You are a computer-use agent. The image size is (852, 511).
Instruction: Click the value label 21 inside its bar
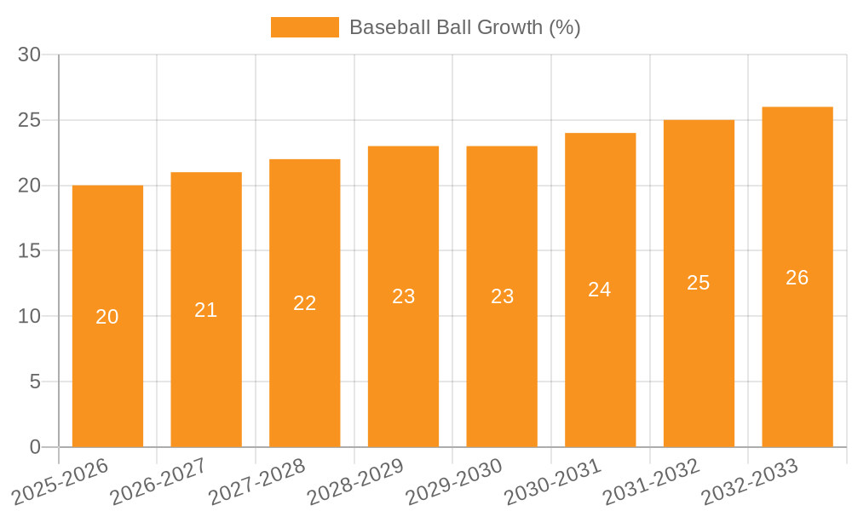[206, 310]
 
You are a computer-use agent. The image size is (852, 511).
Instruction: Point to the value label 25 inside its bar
[699, 283]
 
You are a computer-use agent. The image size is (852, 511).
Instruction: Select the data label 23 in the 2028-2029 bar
[404, 296]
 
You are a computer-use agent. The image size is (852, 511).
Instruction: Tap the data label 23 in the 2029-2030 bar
[503, 296]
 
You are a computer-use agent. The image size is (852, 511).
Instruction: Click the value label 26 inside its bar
[797, 278]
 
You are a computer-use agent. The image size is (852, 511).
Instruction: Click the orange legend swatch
[304, 27]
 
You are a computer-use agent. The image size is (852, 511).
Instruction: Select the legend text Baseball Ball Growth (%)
[464, 27]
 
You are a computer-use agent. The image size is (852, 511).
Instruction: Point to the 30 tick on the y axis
[30, 55]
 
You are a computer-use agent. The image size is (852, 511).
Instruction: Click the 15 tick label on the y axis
[30, 251]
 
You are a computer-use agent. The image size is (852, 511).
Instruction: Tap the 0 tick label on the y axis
[35, 447]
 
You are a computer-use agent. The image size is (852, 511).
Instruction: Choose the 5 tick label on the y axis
[35, 382]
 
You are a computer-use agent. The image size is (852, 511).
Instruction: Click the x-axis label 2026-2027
[158, 481]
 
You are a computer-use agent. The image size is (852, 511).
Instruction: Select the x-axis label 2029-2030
[453, 481]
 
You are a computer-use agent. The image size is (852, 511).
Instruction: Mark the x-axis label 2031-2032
[651, 481]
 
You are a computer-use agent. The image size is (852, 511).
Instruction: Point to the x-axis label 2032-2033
[750, 481]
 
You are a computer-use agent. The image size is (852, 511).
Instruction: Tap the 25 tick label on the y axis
[30, 120]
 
